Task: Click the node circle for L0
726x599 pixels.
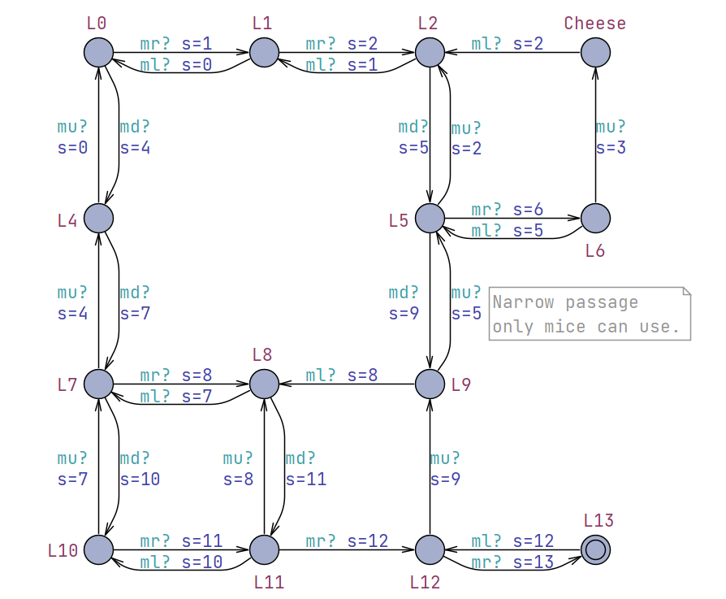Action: tap(98, 53)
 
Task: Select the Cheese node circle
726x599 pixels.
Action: tap(595, 53)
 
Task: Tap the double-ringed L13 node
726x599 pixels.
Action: tap(595, 549)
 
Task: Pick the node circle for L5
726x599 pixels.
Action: tap(430, 218)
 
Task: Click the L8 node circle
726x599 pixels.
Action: tap(264, 383)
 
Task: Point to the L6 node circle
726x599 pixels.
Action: tap(595, 218)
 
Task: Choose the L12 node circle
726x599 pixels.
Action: tap(430, 549)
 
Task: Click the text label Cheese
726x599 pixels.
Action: tap(595, 23)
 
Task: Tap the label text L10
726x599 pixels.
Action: tap(63, 551)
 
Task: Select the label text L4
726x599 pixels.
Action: tap(67, 220)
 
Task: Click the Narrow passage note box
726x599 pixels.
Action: tap(590, 314)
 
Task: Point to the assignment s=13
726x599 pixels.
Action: tap(534, 562)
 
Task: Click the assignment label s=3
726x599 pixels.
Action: tap(611, 148)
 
